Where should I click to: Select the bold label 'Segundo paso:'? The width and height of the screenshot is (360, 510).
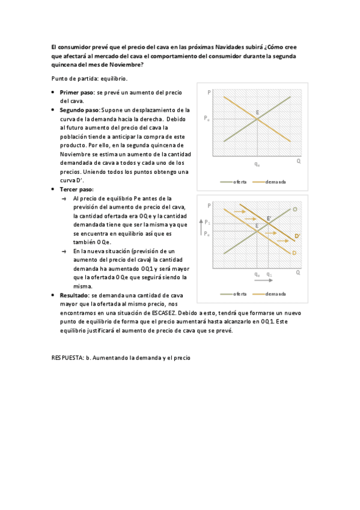(x=80, y=110)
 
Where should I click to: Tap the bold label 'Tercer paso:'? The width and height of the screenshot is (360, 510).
(x=76, y=189)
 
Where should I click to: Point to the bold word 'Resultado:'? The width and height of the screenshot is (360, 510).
(x=74, y=295)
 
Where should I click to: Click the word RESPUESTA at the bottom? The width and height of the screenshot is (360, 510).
(x=67, y=357)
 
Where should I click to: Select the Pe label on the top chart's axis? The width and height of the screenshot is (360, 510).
(x=207, y=118)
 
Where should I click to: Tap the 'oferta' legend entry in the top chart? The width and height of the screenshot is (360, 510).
(x=240, y=182)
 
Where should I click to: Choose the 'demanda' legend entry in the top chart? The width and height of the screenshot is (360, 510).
(x=275, y=182)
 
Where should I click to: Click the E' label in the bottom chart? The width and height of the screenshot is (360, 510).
(x=269, y=219)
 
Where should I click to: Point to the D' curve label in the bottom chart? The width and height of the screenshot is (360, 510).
(x=297, y=236)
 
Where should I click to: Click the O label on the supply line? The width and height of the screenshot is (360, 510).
(x=295, y=209)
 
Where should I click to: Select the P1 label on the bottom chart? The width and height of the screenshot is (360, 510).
(x=207, y=223)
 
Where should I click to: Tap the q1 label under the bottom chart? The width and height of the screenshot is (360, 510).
(x=269, y=274)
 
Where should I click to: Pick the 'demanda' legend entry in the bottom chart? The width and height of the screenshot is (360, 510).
(x=275, y=293)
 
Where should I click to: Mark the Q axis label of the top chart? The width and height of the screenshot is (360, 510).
(x=298, y=161)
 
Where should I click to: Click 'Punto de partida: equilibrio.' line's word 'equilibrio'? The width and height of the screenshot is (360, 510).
(x=113, y=79)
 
